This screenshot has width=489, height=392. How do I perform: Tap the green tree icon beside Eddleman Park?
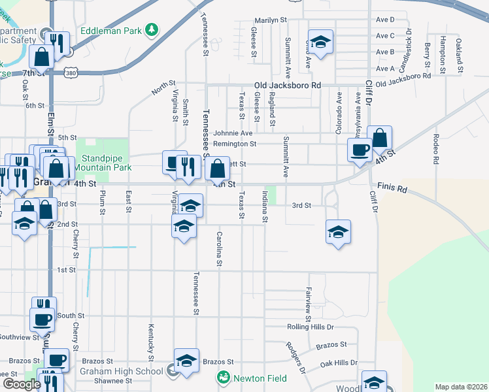[x=151, y=30]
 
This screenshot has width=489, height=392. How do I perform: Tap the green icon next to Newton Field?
[x=224, y=377]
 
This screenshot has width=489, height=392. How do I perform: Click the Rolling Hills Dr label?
[x=311, y=327]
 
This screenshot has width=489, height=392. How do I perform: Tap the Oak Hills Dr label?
[x=336, y=363]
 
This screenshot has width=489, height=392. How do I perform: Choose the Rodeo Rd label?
[x=435, y=148]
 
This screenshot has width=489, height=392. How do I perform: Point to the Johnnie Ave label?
[x=228, y=133]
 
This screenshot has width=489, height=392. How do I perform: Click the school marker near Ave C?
[x=320, y=42]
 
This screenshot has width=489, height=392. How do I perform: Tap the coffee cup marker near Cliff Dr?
[x=359, y=150]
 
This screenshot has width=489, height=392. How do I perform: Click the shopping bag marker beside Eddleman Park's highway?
[x=41, y=57]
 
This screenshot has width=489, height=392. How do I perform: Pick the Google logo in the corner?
[x=22, y=384]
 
